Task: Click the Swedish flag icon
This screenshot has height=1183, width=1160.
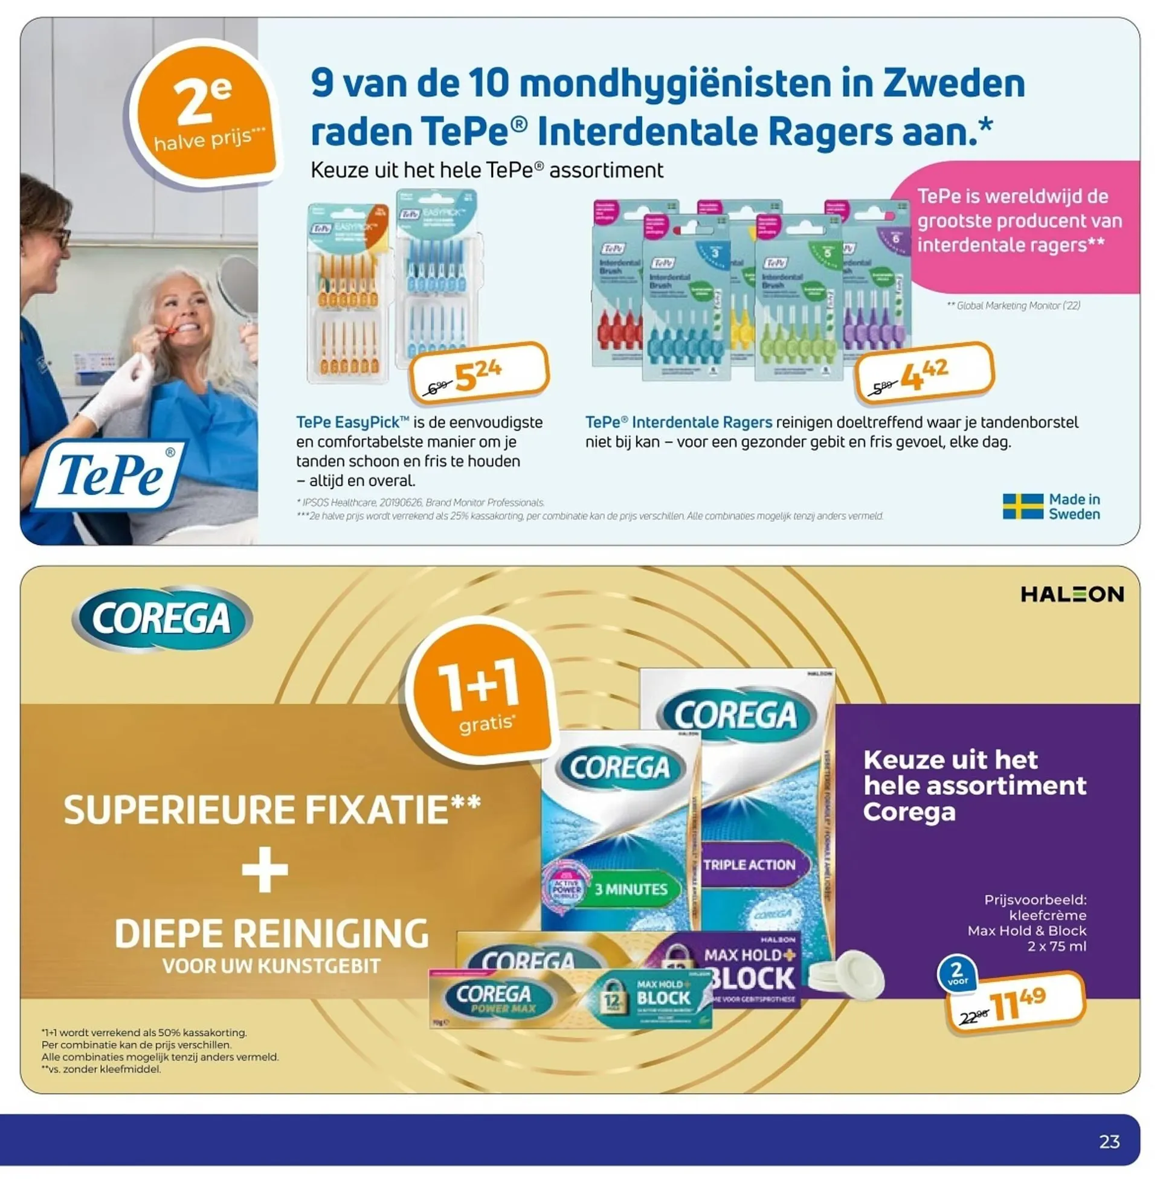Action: (1022, 507)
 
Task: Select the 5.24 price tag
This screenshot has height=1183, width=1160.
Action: (480, 373)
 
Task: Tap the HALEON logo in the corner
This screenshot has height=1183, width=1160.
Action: (1072, 594)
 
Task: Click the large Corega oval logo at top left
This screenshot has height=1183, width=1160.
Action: (162, 618)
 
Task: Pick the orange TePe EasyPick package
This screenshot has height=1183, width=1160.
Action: (347, 292)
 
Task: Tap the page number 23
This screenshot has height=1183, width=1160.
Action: (1109, 1141)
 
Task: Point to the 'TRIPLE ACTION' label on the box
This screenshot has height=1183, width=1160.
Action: (749, 865)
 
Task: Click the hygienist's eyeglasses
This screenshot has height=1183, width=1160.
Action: (61, 237)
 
